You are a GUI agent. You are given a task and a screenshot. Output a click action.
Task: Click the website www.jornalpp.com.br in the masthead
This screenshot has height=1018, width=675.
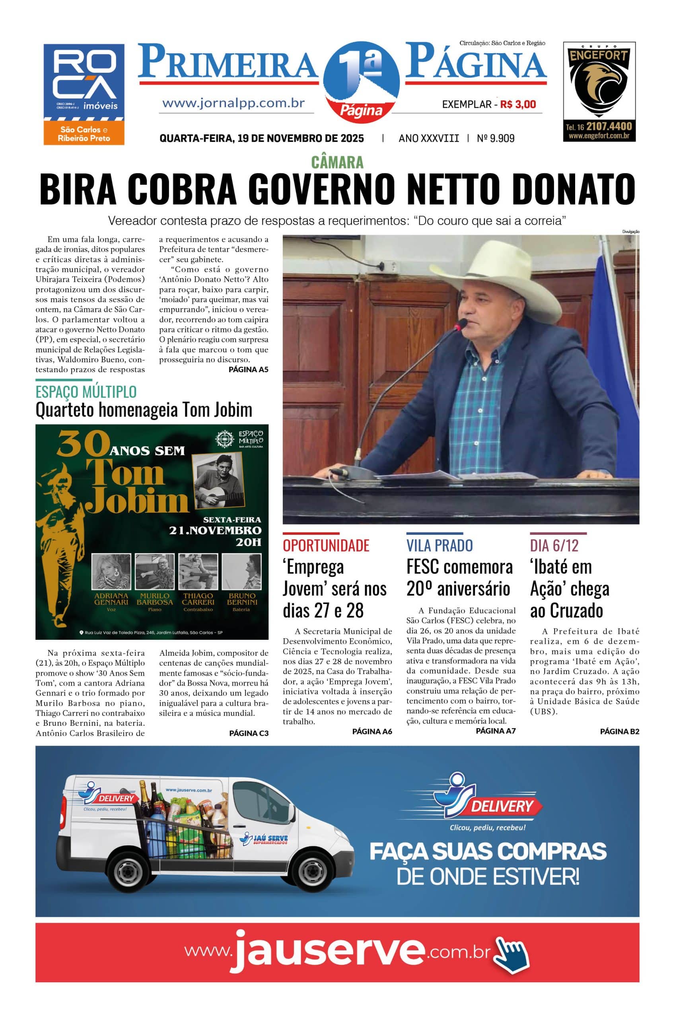(234, 103)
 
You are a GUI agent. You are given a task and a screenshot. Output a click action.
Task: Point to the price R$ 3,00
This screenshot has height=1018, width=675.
(518, 104)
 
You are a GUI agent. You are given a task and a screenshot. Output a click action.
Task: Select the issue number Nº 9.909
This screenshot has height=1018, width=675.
(496, 138)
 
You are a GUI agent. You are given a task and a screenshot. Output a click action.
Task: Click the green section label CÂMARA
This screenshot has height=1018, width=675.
(337, 162)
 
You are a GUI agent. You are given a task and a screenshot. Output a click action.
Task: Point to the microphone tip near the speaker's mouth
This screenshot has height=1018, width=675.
(462, 322)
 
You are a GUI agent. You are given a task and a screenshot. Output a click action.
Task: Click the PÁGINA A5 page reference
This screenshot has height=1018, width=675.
(248, 369)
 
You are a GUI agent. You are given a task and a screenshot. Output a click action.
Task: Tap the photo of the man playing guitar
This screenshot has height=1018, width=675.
(218, 480)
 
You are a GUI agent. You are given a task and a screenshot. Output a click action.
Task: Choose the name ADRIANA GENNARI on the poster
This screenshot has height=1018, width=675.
(111, 599)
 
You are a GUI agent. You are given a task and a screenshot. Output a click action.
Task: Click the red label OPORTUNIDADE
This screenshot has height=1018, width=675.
(326, 546)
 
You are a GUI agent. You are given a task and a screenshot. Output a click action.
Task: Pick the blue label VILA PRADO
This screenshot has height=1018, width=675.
(440, 546)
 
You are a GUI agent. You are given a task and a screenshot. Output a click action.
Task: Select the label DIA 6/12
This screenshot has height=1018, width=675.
(554, 546)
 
